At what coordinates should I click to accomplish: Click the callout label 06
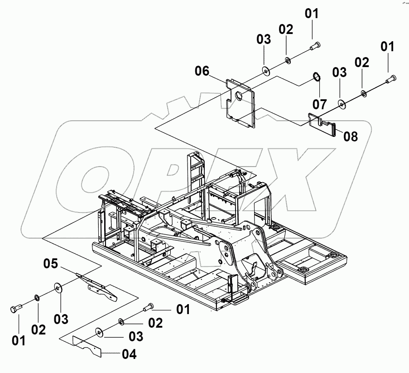point(202,71)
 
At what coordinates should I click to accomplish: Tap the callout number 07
point(319,104)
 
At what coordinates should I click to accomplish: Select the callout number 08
point(350,136)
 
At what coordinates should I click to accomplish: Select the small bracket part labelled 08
point(322,124)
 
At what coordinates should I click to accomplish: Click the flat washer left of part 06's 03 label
point(265,70)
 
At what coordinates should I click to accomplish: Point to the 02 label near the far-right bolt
point(362,63)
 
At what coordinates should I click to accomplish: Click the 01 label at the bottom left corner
point(19,340)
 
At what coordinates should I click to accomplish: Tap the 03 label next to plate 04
point(135,336)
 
